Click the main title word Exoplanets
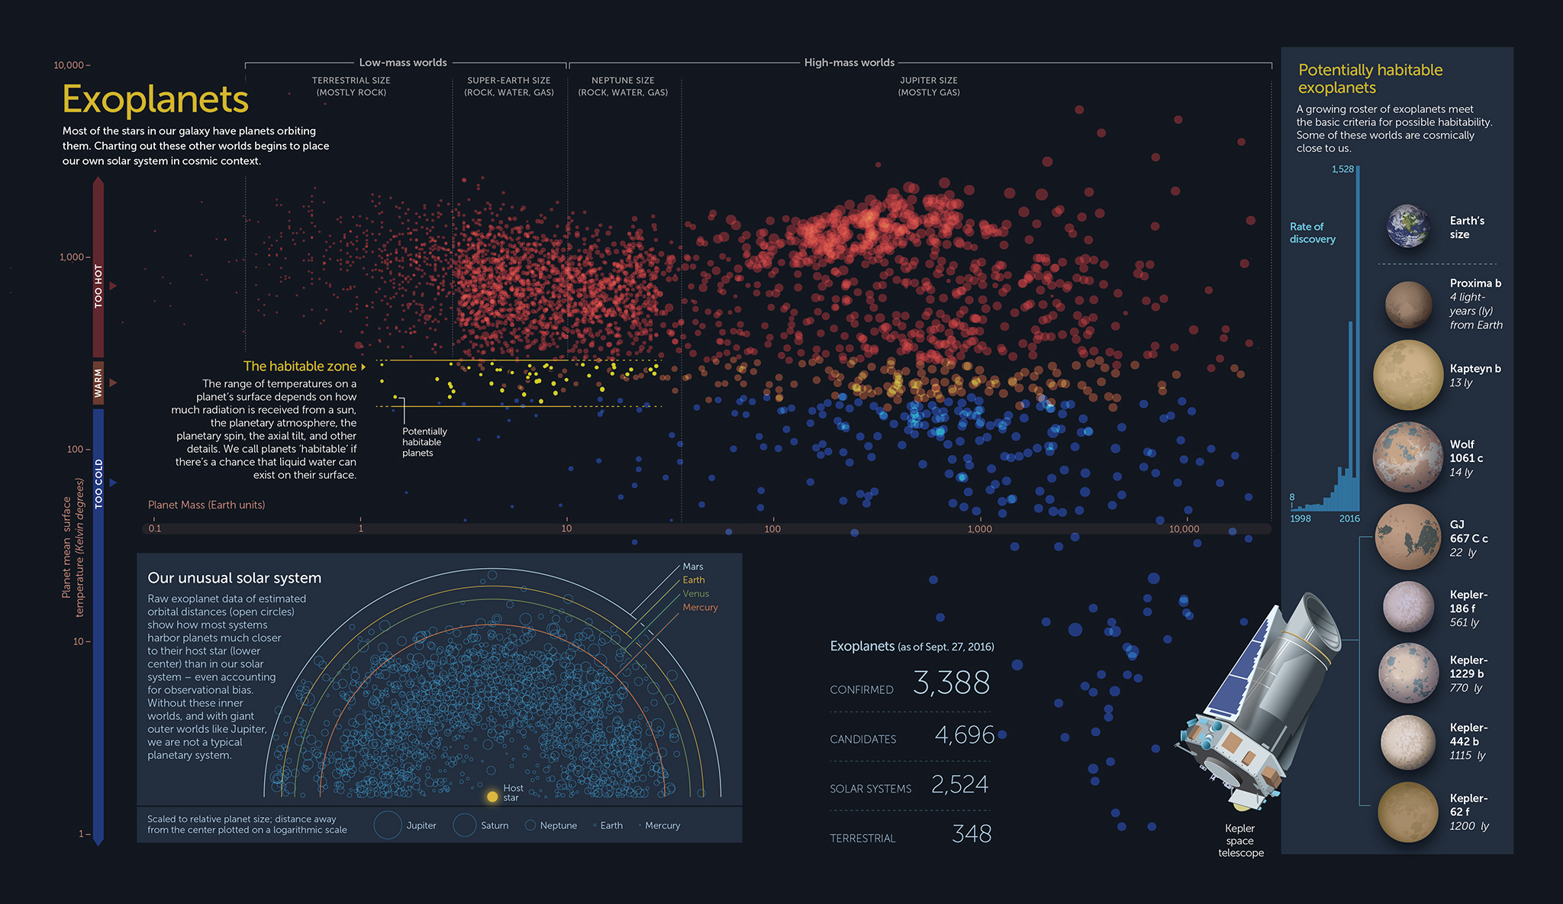pyautogui.click(x=156, y=99)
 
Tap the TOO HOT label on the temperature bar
pyautogui.click(x=98, y=286)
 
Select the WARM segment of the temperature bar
pyautogui.click(x=98, y=383)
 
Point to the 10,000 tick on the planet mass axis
pyautogui.click(x=1184, y=528)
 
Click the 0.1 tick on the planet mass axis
pyautogui.click(x=155, y=528)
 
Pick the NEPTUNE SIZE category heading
pyautogui.click(x=623, y=80)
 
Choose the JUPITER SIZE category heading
pyautogui.click(x=929, y=80)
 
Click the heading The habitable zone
pyautogui.click(x=300, y=366)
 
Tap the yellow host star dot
pyautogui.click(x=492, y=796)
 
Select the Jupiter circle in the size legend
pyautogui.click(x=388, y=825)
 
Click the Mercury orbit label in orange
pyautogui.click(x=700, y=608)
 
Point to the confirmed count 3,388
pyautogui.click(x=951, y=683)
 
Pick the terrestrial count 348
pyautogui.click(x=972, y=834)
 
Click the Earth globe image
pyautogui.click(x=1408, y=227)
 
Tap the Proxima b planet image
pyautogui.click(x=1408, y=304)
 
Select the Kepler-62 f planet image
pyautogui.click(x=1408, y=812)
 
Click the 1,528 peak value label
pyautogui.click(x=1342, y=169)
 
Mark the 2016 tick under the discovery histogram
pyautogui.click(x=1349, y=518)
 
